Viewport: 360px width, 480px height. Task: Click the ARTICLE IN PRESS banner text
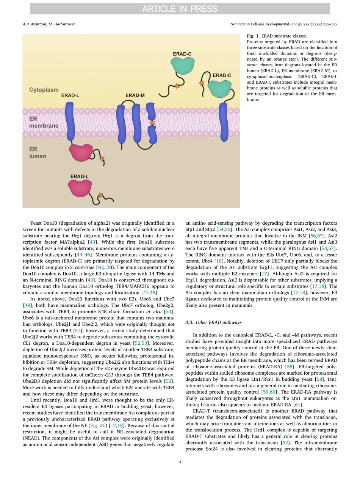pyautogui.click(x=180, y=9)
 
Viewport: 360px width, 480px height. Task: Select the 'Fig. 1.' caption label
pyautogui.click(x=254, y=36)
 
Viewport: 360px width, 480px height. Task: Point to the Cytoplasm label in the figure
pyautogui.click(x=44, y=90)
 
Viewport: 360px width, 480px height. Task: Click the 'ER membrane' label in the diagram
pyautogui.click(x=44, y=122)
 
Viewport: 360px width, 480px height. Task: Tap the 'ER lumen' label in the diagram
pyautogui.click(x=38, y=153)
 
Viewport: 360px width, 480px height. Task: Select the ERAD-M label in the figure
pyautogui.click(x=135, y=96)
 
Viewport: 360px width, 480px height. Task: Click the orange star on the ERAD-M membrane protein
pyautogui.click(x=152, y=123)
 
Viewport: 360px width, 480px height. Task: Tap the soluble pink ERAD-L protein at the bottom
pyautogui.click(x=81, y=188)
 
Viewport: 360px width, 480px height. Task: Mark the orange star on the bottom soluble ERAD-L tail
pyautogui.click(x=101, y=195)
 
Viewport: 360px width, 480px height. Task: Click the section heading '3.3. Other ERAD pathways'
pyautogui.click(x=213, y=322)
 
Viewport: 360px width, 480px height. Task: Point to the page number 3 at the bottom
pyautogui.click(x=180, y=461)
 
